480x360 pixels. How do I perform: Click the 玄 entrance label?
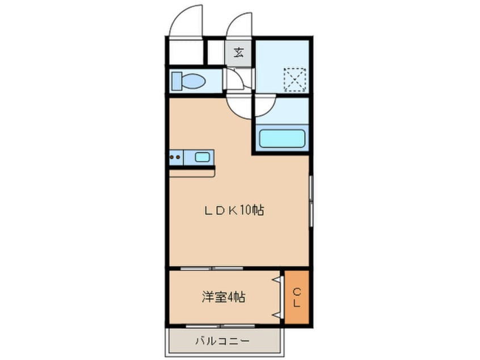click(x=239, y=53)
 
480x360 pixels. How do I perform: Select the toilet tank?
click(x=175, y=81)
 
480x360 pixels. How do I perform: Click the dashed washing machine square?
click(x=296, y=79)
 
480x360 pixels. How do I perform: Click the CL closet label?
click(x=297, y=298)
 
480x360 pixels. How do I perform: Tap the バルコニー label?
click(x=221, y=341)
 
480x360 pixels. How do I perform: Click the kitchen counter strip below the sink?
click(x=192, y=170)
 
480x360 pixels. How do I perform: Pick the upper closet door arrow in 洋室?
click(x=276, y=280)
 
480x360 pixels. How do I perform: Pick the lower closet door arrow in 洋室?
click(x=276, y=313)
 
